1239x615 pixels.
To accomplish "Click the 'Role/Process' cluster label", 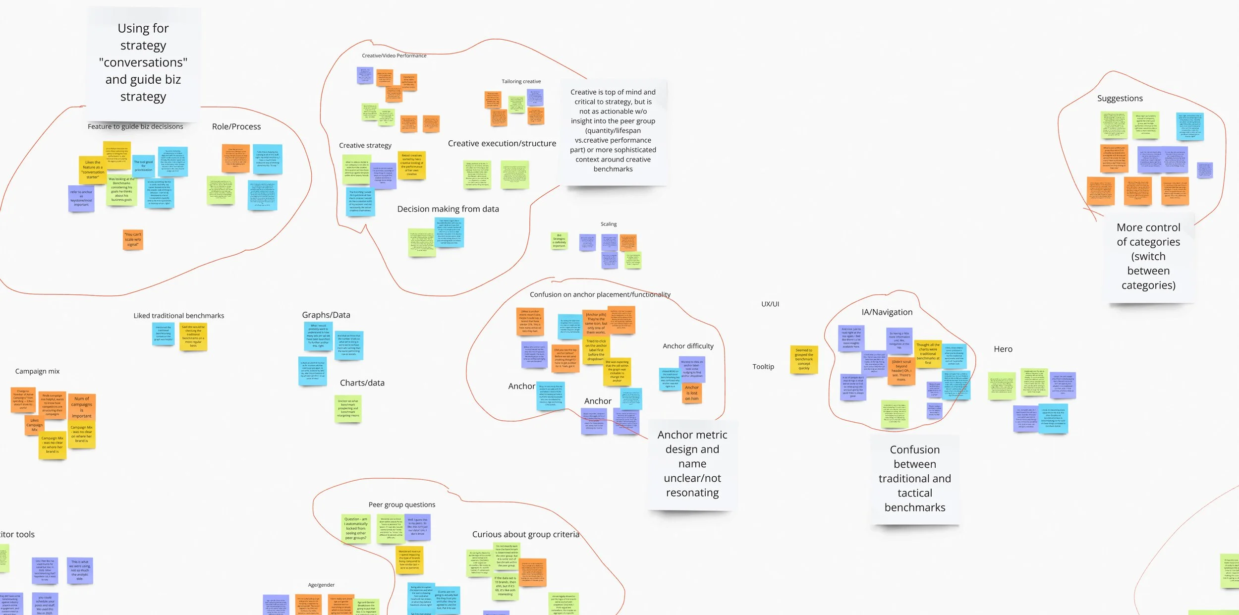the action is [x=236, y=127].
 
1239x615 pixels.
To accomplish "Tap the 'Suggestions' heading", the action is [x=1120, y=99].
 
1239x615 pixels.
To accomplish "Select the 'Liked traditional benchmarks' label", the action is [x=178, y=316].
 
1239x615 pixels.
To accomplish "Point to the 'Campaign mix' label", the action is [x=37, y=371].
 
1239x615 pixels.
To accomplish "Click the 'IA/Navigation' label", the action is [x=887, y=312].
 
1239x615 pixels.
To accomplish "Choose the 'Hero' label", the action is [x=1003, y=349].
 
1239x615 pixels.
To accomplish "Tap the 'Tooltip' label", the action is [x=763, y=367].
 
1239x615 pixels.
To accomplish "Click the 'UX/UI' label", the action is [x=770, y=304].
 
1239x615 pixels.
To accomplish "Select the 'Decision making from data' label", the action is [x=448, y=209].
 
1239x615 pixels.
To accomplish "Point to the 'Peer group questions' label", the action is [x=401, y=504].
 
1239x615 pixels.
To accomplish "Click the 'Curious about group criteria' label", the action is [x=525, y=534].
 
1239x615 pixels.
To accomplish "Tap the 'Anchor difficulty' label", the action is [x=688, y=346].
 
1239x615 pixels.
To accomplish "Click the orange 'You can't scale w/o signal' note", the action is [x=133, y=240].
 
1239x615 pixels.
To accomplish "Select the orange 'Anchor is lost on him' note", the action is [x=692, y=393].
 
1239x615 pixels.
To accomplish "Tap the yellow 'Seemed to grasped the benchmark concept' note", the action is [x=803, y=359].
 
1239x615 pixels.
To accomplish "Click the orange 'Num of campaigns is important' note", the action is [x=82, y=407].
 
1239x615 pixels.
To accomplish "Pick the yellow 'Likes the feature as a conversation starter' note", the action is [x=93, y=169].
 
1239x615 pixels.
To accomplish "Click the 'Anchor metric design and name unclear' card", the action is [x=692, y=463].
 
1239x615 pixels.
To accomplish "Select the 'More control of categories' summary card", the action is [x=1148, y=256].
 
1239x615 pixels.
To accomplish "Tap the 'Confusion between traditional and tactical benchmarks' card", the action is [x=914, y=478].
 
